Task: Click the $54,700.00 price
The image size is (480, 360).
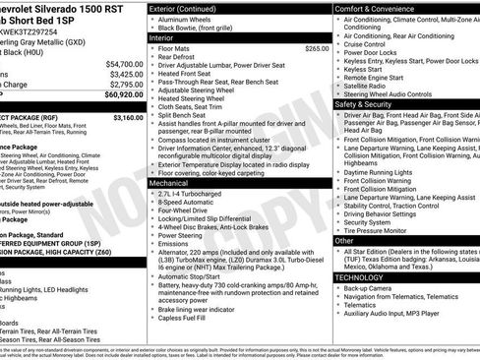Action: click(x=124, y=63)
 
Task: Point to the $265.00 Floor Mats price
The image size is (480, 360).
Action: click(x=317, y=48)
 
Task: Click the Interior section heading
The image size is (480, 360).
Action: click(x=165, y=38)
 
